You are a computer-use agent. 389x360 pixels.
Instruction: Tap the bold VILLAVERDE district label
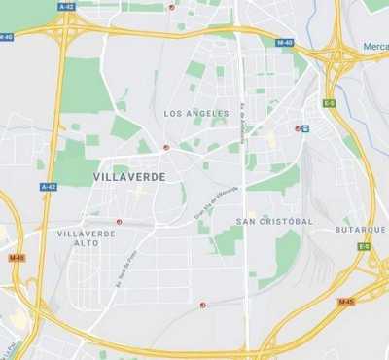[x=129, y=177]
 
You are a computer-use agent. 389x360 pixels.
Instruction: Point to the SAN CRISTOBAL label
[x=274, y=221]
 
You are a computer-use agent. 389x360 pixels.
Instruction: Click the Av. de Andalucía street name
[x=242, y=119]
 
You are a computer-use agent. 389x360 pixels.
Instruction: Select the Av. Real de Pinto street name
[x=119, y=270]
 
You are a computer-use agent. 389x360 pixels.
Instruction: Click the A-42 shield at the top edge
[x=65, y=6]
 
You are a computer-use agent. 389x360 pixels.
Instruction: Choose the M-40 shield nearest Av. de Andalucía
[x=284, y=43]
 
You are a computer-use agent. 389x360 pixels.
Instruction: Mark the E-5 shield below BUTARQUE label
[x=363, y=247]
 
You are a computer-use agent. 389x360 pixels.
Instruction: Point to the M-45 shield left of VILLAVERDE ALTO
[x=16, y=258]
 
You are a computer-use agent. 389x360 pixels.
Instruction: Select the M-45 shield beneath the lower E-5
[x=345, y=302]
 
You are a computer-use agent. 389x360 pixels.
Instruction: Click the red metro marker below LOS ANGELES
[x=166, y=148]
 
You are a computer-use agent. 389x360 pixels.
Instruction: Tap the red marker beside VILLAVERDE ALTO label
[x=120, y=222]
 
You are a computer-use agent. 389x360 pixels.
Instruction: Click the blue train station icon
[x=305, y=128]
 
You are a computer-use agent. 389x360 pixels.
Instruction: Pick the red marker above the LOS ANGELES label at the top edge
[x=172, y=7]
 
